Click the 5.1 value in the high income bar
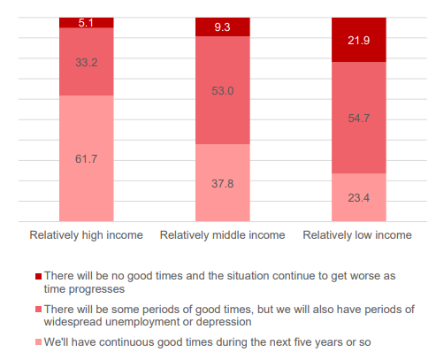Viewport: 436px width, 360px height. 86,23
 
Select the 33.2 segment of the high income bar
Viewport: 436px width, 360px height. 87,62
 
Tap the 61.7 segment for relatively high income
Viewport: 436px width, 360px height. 87,158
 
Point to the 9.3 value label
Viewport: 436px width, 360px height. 222,27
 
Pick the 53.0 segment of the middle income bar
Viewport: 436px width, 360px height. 223,90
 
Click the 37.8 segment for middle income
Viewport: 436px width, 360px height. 223,183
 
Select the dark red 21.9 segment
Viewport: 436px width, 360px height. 359,40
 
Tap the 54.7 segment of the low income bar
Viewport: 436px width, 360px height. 359,118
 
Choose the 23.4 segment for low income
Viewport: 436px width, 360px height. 359,197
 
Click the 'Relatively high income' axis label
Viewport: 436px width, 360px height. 86,235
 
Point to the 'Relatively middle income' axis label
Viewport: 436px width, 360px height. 222,235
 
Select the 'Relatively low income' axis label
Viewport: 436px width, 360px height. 357,235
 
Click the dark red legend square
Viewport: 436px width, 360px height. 38,276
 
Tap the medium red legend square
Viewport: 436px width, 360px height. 38,310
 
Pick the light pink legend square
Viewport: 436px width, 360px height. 38,342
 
